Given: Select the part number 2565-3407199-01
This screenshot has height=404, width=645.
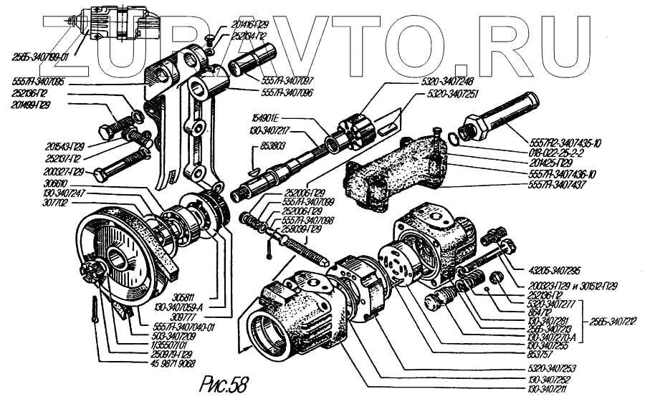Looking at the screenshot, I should point(42,54).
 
